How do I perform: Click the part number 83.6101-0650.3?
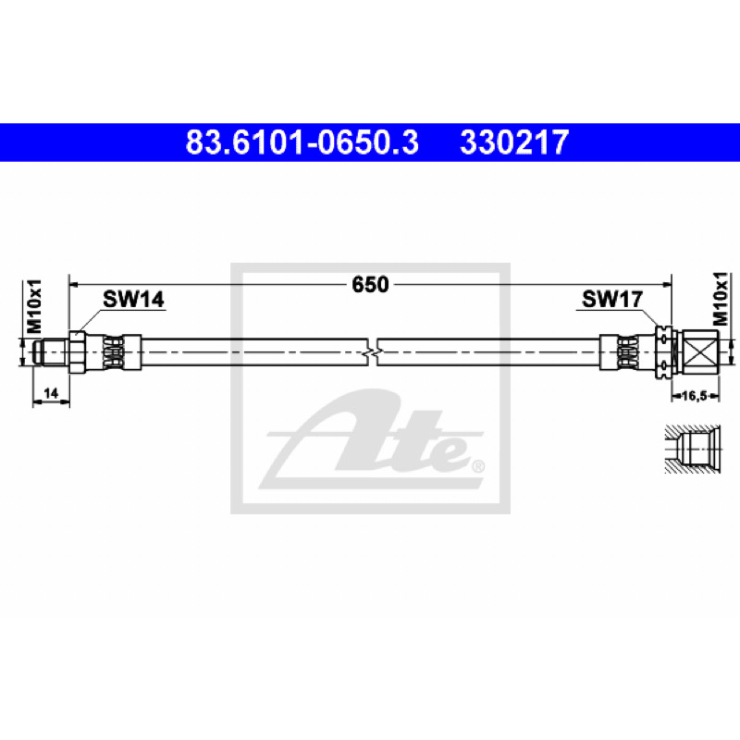(302, 142)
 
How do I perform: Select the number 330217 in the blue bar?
(514, 142)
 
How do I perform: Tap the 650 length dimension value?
(371, 284)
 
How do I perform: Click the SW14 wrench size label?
(133, 299)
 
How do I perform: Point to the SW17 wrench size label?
(612, 299)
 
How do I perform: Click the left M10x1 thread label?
(34, 306)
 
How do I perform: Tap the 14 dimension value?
(51, 392)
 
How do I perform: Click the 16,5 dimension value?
(694, 396)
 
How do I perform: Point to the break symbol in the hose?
(373, 352)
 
